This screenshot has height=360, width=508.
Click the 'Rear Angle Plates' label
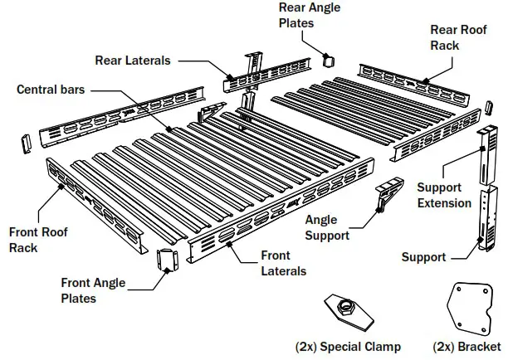308,15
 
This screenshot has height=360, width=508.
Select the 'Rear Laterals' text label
133,60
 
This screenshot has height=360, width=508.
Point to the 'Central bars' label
51,89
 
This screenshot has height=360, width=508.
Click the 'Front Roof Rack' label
38,240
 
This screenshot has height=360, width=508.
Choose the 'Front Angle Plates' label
93,290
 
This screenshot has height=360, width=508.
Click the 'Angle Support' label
327,227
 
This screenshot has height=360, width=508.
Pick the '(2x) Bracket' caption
467,346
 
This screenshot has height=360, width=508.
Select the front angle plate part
167,260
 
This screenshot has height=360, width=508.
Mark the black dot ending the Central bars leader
169,129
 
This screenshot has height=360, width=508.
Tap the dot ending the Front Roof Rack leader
63,187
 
